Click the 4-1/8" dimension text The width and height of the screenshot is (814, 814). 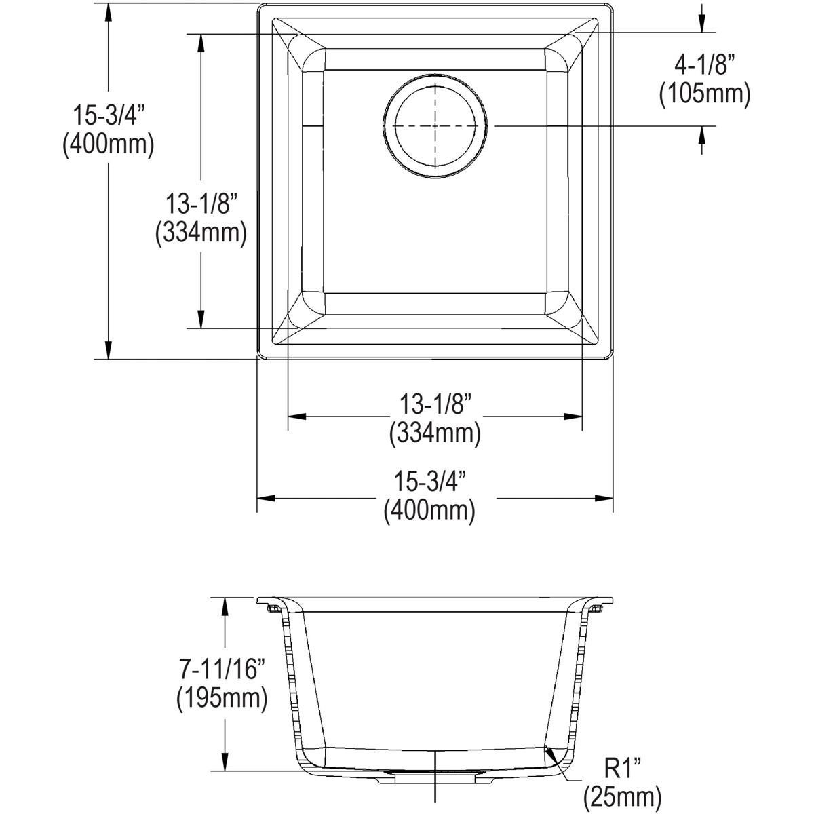(705, 67)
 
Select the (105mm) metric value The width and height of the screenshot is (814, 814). (705, 96)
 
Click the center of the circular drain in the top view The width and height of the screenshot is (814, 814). (435, 125)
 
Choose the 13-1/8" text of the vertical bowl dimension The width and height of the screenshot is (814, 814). (201, 204)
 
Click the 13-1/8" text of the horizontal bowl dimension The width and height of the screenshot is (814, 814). (435, 405)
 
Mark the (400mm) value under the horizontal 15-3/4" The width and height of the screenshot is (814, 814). (429, 510)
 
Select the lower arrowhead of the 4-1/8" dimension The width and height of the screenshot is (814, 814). (702, 135)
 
